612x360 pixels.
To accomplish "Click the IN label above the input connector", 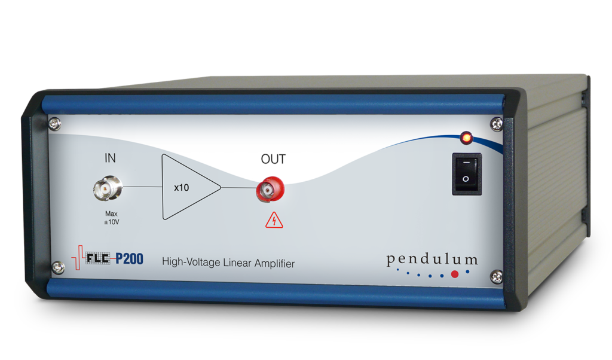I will pyautogui.click(x=111, y=158).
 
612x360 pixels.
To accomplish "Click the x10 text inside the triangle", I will pyautogui.click(x=181, y=188).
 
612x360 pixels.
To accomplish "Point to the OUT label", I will pyautogui.click(x=273, y=160).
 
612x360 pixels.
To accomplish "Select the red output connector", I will pyautogui.click(x=270, y=191).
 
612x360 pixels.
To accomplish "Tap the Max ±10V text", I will pyautogui.click(x=109, y=219).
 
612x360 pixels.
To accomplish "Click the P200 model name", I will pyautogui.click(x=129, y=259).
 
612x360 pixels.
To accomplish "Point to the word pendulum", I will pyautogui.click(x=432, y=260).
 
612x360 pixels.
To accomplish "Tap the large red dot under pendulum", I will pyautogui.click(x=455, y=274).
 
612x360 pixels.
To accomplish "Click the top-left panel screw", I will pyautogui.click(x=55, y=124).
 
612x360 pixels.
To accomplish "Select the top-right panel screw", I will pyautogui.click(x=495, y=124).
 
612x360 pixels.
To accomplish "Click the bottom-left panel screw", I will pyautogui.click(x=58, y=267).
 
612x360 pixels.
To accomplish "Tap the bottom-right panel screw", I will pyautogui.click(x=496, y=277).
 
